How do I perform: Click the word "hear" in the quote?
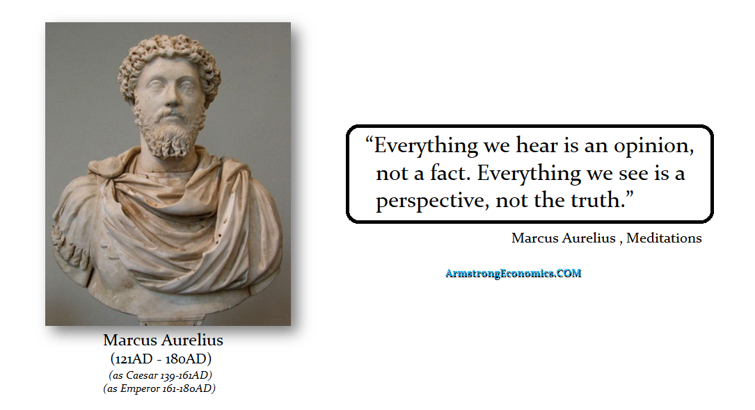537,145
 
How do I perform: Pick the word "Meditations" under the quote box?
664,238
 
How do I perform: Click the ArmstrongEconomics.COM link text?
514,274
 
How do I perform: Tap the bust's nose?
170,97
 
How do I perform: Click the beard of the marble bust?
168,132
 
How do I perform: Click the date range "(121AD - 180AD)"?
161,359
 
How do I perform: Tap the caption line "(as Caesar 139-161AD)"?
160,375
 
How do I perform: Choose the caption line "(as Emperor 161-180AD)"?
159,388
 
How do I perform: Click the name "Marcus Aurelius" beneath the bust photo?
164,341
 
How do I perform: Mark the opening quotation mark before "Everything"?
369,140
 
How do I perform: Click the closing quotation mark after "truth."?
629,195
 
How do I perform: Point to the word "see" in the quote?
634,174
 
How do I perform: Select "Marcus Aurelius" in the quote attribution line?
564,238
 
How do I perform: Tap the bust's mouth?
169,116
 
